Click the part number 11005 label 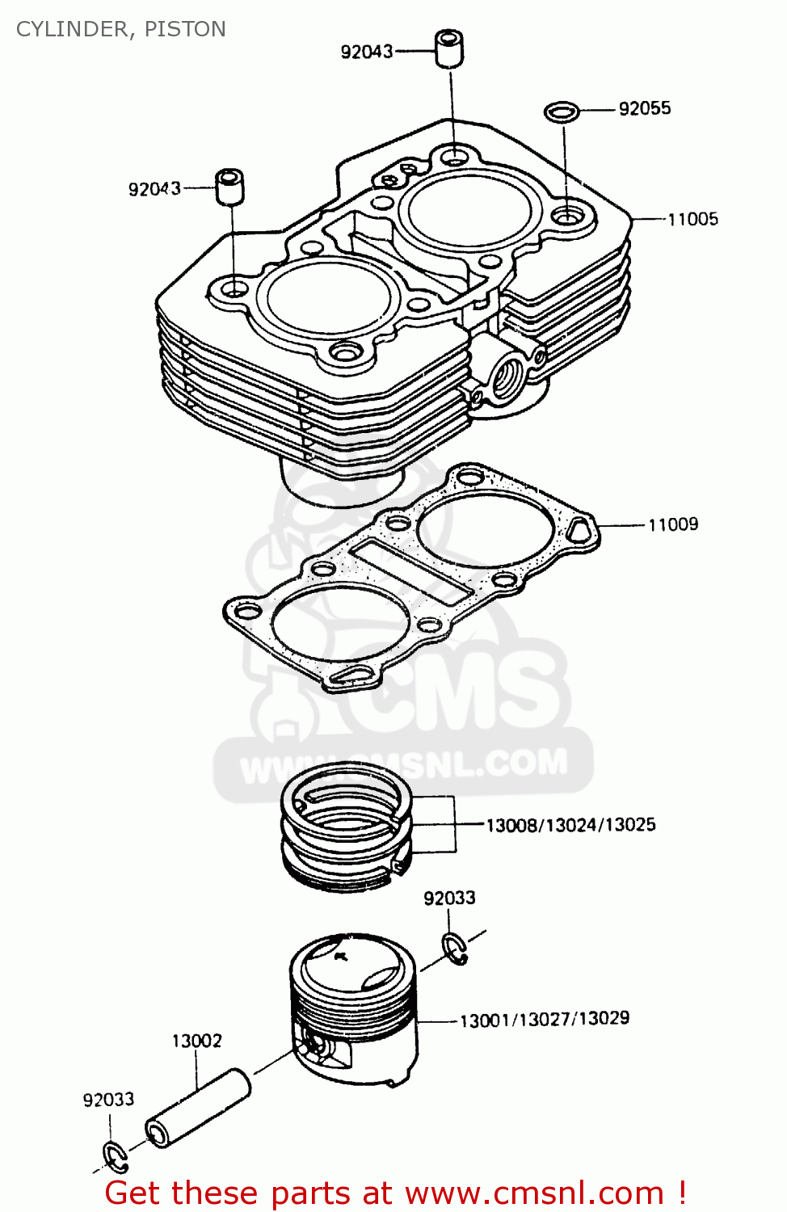692,219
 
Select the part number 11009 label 673,524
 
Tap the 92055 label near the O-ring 645,108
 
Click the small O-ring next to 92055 562,111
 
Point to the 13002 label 196,1041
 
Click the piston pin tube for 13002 198,1107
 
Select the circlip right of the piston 454,948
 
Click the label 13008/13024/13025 570,825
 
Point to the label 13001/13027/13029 544,1019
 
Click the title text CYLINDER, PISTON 121,29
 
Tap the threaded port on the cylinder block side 508,377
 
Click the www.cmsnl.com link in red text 534,1193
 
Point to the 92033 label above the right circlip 449,898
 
